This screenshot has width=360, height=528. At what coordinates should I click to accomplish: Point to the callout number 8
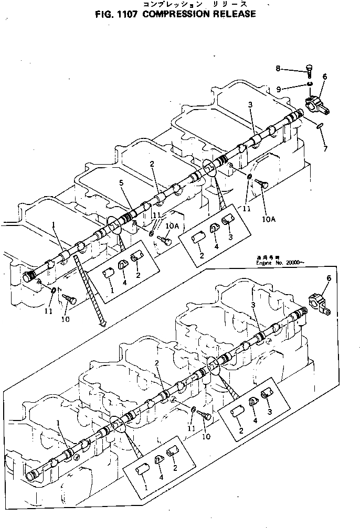279,68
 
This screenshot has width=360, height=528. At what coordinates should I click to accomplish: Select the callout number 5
121,183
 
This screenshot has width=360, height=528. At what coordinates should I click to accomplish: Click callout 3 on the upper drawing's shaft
251,105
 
